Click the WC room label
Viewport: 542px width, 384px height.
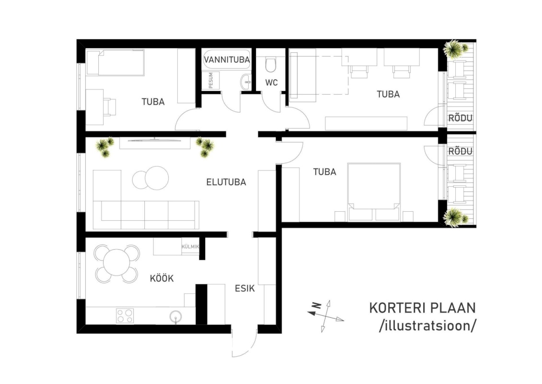271,83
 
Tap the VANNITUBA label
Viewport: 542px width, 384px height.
227,60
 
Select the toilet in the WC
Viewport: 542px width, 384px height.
271,64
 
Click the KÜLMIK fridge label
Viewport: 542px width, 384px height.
190,247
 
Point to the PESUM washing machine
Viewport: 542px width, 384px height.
210,80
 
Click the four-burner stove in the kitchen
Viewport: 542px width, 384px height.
125,316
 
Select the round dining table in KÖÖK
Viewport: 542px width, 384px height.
117,263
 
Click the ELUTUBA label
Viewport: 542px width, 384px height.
226,182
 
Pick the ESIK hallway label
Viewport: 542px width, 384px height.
245,288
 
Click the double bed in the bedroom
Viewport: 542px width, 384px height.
374,192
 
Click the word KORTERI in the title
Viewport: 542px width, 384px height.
397,308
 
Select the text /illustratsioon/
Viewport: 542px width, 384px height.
427,326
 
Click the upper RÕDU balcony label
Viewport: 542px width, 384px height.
460,118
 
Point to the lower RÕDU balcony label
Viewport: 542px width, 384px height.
460,151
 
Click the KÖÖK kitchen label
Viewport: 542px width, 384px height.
161,278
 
